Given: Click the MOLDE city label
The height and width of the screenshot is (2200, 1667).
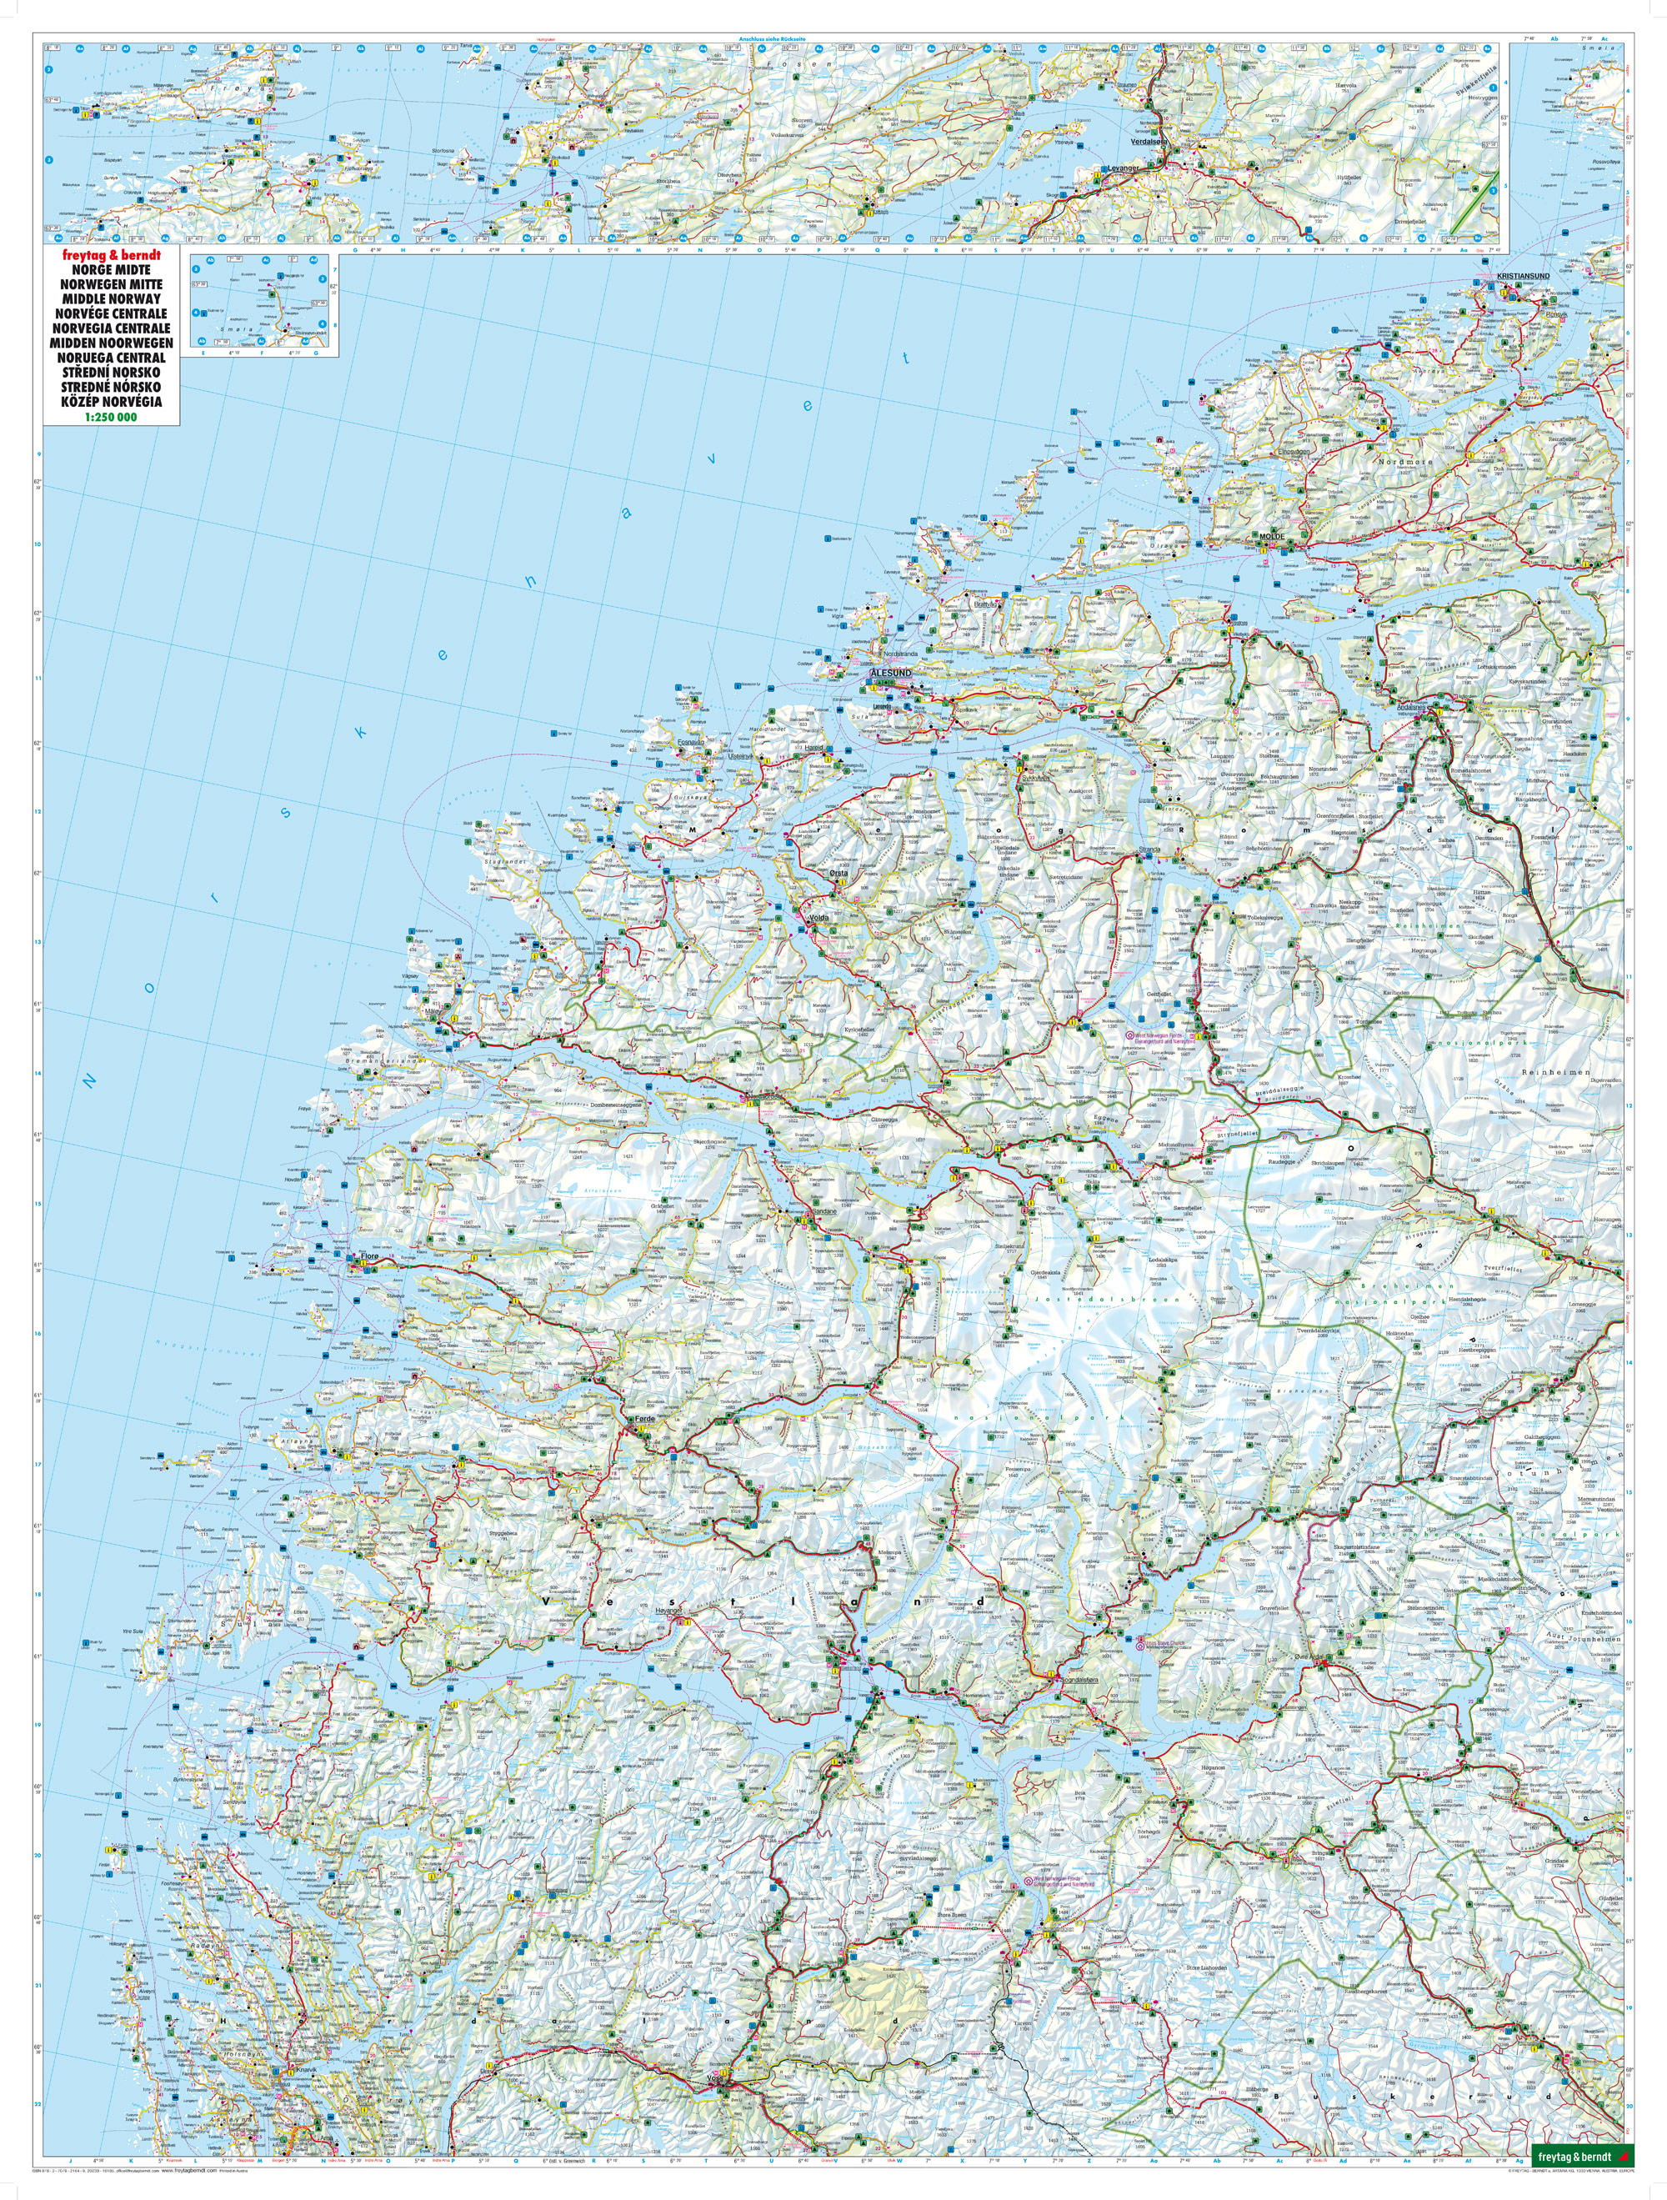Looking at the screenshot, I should click(1272, 536).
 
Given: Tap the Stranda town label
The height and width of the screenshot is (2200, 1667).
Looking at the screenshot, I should click(1149, 850).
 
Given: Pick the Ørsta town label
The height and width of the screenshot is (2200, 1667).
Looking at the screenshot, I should click(839, 873).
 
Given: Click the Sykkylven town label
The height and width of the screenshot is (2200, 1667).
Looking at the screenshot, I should click(1035, 781).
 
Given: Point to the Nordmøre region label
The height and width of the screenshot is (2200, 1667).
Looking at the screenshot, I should click(1404, 462).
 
